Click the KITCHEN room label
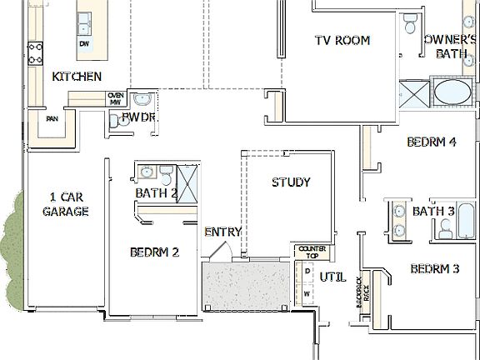pos(77,77)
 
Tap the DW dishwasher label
pos(84,42)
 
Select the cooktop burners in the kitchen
pos(36,54)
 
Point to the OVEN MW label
pos(116,99)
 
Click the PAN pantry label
pos(52,118)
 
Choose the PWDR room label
pos(139,118)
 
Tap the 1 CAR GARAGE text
pos(68,204)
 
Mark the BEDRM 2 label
pos(155,252)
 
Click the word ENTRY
pos(222,232)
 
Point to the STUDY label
pos(291,182)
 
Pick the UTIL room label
pos(332,276)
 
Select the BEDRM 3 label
pos(435,269)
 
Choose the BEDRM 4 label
pos(431,142)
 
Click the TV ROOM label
pos(342,40)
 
